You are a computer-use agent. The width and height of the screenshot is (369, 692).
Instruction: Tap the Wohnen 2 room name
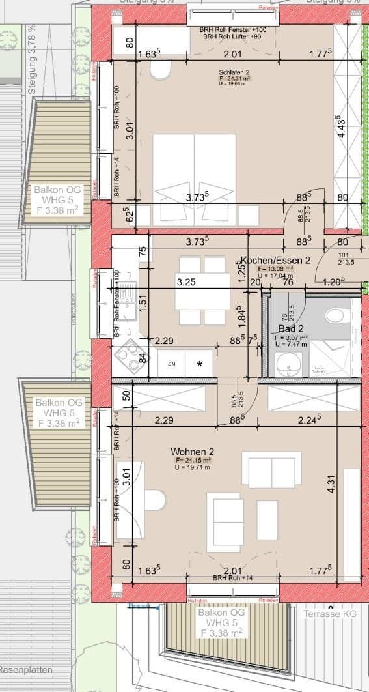pyautogui.click(x=192, y=452)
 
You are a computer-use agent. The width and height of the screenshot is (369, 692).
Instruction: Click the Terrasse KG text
pyautogui.click(x=329, y=613)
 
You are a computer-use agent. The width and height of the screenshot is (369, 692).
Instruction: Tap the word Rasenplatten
pyautogui.click(x=26, y=670)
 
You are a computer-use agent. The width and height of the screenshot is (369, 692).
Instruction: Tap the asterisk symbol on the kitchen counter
pyautogui.click(x=200, y=364)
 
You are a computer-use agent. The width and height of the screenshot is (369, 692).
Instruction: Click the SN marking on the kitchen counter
pyautogui.click(x=172, y=364)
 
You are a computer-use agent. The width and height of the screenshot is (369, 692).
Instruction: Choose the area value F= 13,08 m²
pyautogui.click(x=275, y=268)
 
